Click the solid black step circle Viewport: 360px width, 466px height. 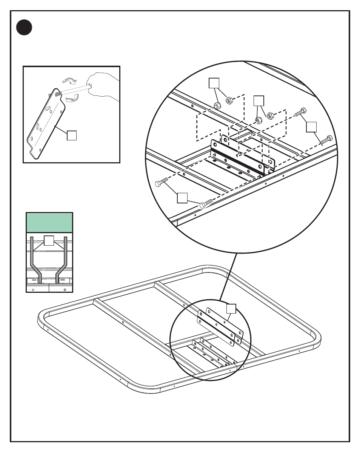tap(24, 28)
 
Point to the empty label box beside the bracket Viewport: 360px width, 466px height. tap(72, 135)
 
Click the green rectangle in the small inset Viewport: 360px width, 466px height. tap(49, 223)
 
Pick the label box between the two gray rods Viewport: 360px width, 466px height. tap(49, 240)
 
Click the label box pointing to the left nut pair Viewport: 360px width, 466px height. tap(214, 83)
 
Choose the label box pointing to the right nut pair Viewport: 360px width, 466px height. tap(258, 101)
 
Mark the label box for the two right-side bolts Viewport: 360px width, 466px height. tap(311, 127)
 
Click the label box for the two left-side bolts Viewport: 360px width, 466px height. tap(182, 198)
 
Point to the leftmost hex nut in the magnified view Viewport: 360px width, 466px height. tap(217, 105)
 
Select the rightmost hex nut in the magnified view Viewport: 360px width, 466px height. tap(270, 115)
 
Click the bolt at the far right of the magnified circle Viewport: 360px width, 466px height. tap(326, 140)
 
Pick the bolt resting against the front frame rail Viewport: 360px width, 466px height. tap(206, 204)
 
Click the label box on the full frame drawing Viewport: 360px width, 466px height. tap(231, 308)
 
